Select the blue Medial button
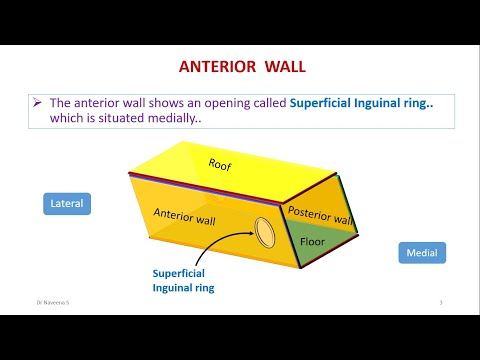(422, 253)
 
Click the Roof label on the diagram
(219, 164)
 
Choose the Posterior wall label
(320, 215)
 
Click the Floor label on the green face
(313, 241)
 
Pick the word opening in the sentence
(221, 103)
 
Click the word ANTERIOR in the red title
(215, 68)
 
